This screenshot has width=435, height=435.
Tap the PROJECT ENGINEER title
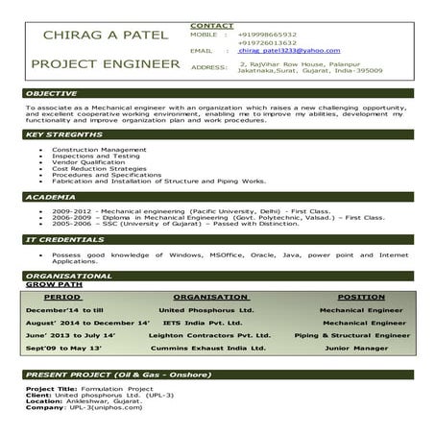pos(105,64)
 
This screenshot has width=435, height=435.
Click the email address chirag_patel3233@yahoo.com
pos(277,50)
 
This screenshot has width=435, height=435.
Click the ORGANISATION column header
pos(211,298)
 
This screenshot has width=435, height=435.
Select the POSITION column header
pos(361,298)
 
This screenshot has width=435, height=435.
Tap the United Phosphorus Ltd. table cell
pos(205,311)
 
